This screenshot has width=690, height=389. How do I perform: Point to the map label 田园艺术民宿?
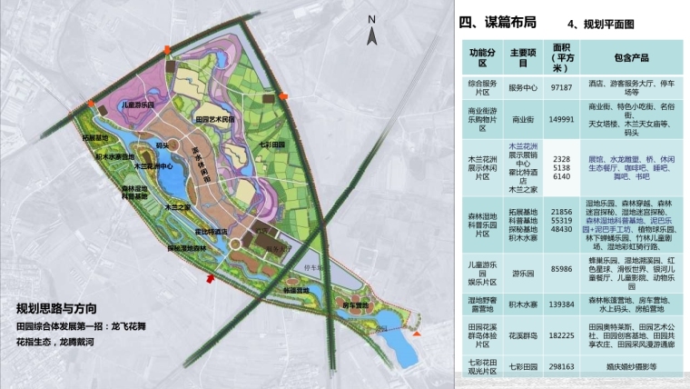coord(215,118)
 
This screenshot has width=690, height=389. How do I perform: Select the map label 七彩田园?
coord(271,145)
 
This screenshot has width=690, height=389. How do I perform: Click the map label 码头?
coord(163,144)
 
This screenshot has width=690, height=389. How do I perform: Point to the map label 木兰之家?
coord(170,208)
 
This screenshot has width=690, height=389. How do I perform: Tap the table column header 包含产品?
coord(626,57)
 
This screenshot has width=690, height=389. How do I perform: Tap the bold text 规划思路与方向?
coord(64,308)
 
